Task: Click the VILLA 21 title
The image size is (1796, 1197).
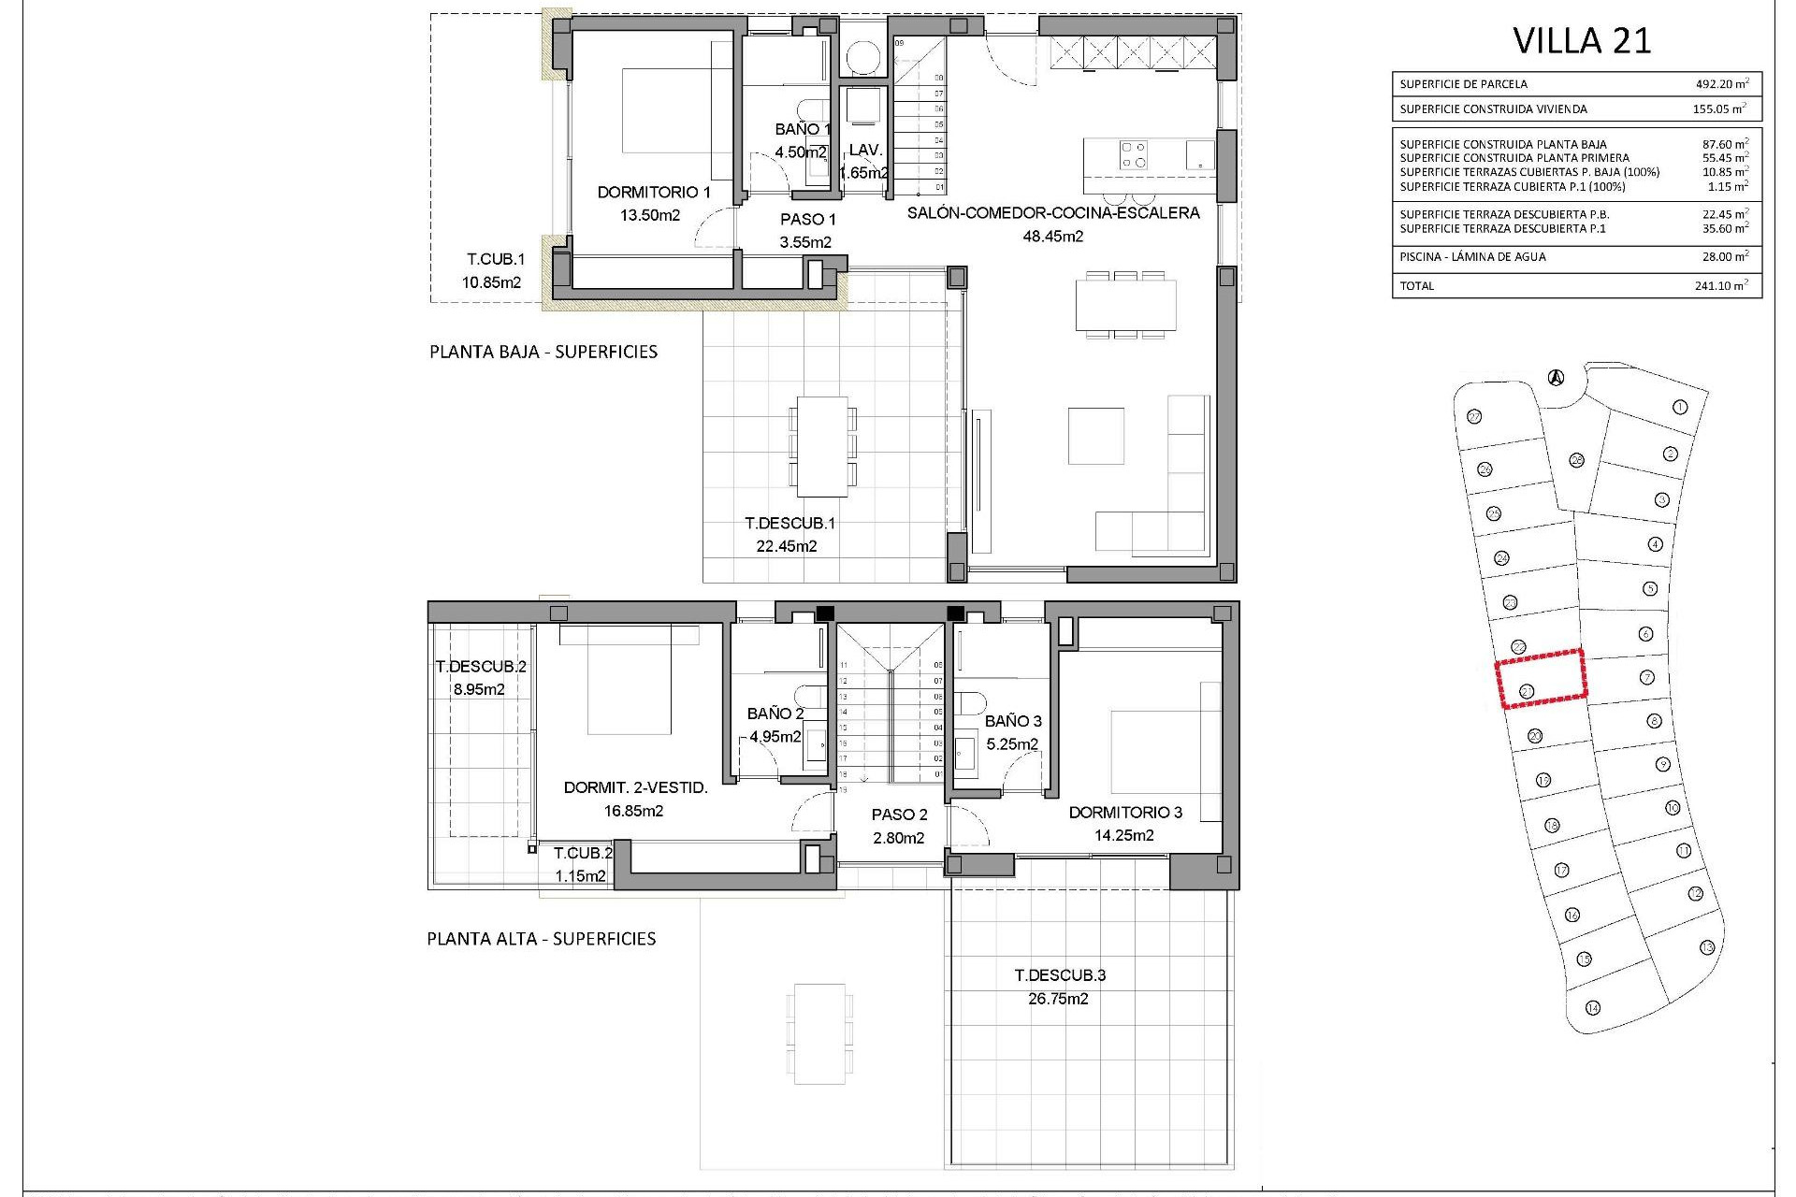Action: tap(1582, 41)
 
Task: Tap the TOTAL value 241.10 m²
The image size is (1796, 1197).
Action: tap(1720, 286)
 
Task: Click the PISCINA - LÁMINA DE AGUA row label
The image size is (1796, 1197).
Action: tap(1472, 257)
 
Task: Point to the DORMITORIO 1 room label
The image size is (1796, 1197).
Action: tap(654, 193)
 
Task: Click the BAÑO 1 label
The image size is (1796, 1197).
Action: tap(803, 130)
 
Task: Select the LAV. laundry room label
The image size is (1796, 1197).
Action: tap(865, 150)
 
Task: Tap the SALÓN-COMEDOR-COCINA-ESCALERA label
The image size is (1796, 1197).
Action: tap(1053, 213)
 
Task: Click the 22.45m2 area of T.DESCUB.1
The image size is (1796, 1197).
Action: tap(787, 547)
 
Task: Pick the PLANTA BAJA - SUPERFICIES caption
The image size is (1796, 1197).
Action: tap(543, 353)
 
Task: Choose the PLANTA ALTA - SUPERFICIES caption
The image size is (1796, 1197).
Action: tap(542, 939)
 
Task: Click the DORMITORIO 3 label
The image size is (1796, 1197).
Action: tap(1125, 813)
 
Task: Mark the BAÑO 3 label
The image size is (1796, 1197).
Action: tap(1013, 721)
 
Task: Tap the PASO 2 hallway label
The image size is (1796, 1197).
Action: tap(899, 815)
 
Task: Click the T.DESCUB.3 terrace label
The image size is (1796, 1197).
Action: tap(1060, 975)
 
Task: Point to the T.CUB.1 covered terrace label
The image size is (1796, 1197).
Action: tap(496, 260)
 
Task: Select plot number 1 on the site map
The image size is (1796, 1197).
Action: tap(1679, 407)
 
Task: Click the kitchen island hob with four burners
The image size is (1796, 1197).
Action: tap(1135, 154)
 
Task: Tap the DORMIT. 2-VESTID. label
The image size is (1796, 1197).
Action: tap(635, 788)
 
